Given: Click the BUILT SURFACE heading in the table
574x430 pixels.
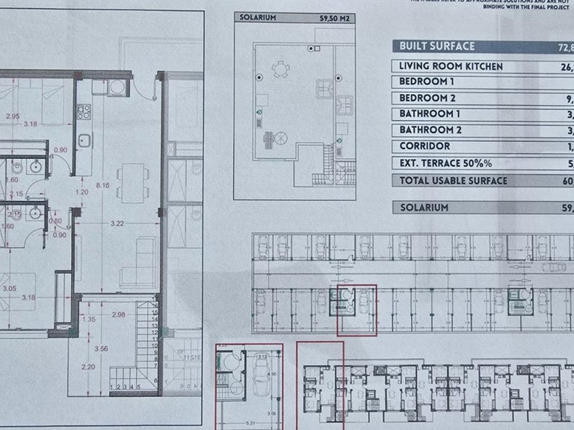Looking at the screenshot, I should pos(437,46).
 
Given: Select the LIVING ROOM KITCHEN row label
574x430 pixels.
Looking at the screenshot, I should pos(450,66).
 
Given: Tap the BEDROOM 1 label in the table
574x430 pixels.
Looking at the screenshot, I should pos(427,81).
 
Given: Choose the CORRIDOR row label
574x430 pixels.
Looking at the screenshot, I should pos(425,146).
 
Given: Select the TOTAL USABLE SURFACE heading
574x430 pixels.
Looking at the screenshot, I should pos(453,181).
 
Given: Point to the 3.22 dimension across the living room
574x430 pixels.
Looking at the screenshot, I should pos(117,223).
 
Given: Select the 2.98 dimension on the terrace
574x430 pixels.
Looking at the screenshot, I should pos(116,314).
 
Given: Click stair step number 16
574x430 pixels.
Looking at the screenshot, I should pos(155,305).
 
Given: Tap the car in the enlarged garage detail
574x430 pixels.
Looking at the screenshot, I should pos(262,384).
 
